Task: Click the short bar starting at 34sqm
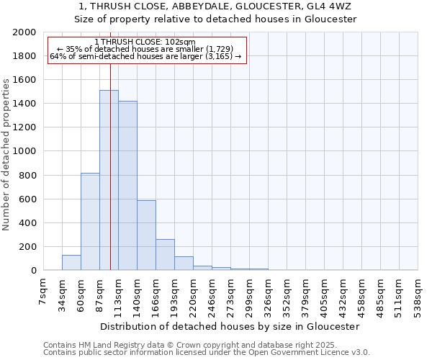pyautogui.click(x=71, y=263)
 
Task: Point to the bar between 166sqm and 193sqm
pyautogui.click(x=165, y=255)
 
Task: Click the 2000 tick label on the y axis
pyautogui.click(x=24, y=32)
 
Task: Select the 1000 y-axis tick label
pyautogui.click(x=24, y=151)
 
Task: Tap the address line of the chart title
pyautogui.click(x=216, y=6)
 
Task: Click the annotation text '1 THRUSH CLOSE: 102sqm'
pyautogui.click(x=145, y=42)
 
